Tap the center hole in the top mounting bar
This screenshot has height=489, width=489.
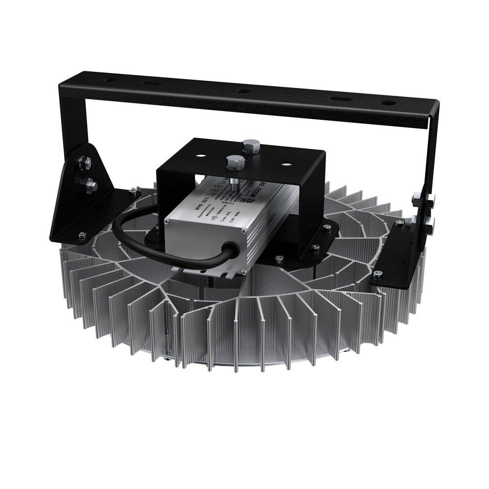(242, 90)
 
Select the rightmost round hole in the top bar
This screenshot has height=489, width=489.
(389, 103)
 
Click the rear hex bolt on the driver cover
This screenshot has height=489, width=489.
(251, 145)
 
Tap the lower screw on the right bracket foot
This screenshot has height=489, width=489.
(377, 275)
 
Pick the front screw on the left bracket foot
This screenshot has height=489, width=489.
(82, 235)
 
